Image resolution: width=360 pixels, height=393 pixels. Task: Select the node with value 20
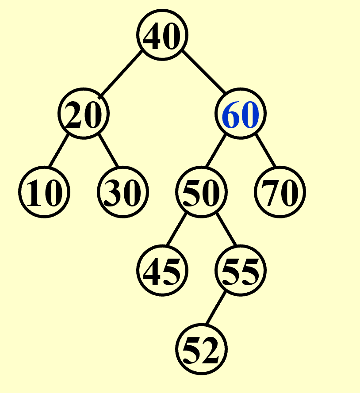click(84, 114)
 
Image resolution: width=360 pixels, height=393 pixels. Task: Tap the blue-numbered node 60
click(241, 114)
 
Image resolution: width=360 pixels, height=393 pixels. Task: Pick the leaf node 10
click(44, 192)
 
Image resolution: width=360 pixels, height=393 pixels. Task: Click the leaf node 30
click(123, 192)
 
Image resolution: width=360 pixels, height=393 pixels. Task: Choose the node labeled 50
click(201, 192)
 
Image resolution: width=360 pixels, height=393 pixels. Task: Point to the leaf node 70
click(280, 192)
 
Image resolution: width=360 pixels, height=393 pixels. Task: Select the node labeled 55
click(241, 271)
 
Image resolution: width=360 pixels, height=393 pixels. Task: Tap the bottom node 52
click(201, 349)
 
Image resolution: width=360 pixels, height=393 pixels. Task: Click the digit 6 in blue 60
click(232, 115)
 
